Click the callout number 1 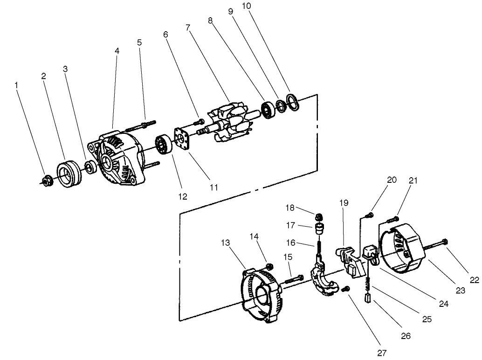coord(17,85)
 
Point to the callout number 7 coord(187,28)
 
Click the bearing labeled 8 coord(269,111)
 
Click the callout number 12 coord(182,197)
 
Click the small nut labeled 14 coord(269,266)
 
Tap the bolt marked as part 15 coord(291,280)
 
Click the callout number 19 coord(344,203)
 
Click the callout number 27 coord(382,353)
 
